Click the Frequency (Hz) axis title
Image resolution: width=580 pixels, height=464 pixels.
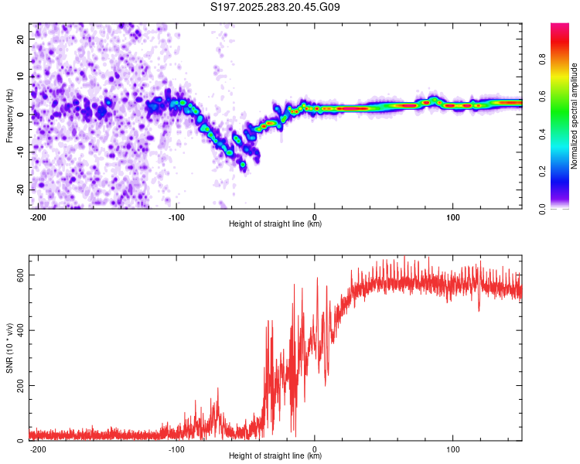[9, 115]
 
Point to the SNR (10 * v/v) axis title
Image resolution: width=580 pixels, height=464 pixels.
[9, 348]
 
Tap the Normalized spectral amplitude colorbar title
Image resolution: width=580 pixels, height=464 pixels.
[574, 116]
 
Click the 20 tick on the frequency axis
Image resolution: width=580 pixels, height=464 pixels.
[20, 39]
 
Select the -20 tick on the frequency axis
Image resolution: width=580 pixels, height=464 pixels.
[19, 189]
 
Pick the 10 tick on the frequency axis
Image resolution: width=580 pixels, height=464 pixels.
[20, 77]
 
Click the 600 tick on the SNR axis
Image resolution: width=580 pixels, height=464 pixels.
[17, 275]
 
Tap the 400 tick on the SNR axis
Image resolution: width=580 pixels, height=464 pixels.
[17, 330]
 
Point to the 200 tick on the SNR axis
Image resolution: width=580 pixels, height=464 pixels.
[17, 385]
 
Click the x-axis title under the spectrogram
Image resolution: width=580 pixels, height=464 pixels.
[275, 224]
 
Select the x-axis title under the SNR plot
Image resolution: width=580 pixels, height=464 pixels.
[275, 456]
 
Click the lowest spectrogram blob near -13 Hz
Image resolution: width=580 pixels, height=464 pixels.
[243, 165]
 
